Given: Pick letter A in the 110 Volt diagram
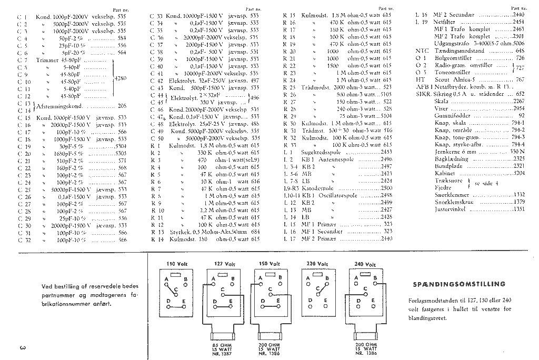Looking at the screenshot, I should click(167, 279).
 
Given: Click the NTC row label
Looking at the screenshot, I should click(415, 51).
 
